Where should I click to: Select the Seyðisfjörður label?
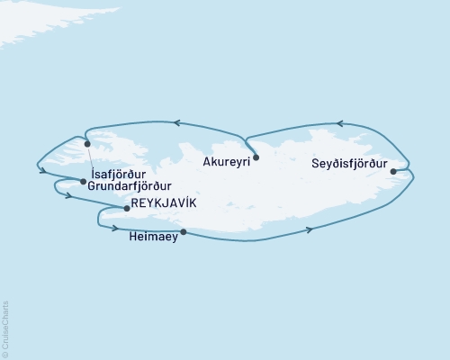[x=349, y=166]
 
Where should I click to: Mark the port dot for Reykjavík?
[x=126, y=209]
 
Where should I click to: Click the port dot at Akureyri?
[x=256, y=157]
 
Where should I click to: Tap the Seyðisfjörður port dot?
[x=393, y=170]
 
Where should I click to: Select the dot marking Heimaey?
[x=184, y=232]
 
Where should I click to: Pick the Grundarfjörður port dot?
[x=84, y=182]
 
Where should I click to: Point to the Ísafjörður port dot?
[x=87, y=144]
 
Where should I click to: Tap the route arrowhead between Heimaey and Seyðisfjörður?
[x=310, y=230]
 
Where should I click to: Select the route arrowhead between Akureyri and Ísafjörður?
[x=178, y=122]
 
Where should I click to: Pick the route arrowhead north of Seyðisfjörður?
[x=340, y=124]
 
